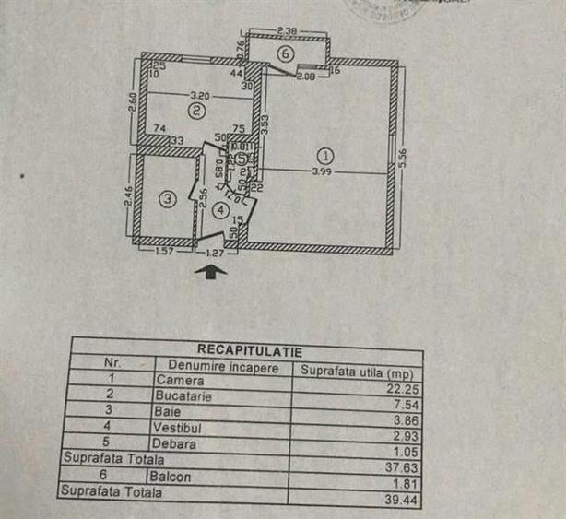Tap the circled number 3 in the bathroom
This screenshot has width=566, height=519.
pyautogui.click(x=167, y=198)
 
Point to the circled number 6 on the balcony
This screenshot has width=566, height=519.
pyautogui.click(x=286, y=54)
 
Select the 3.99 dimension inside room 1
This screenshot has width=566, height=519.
pyautogui.click(x=320, y=172)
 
